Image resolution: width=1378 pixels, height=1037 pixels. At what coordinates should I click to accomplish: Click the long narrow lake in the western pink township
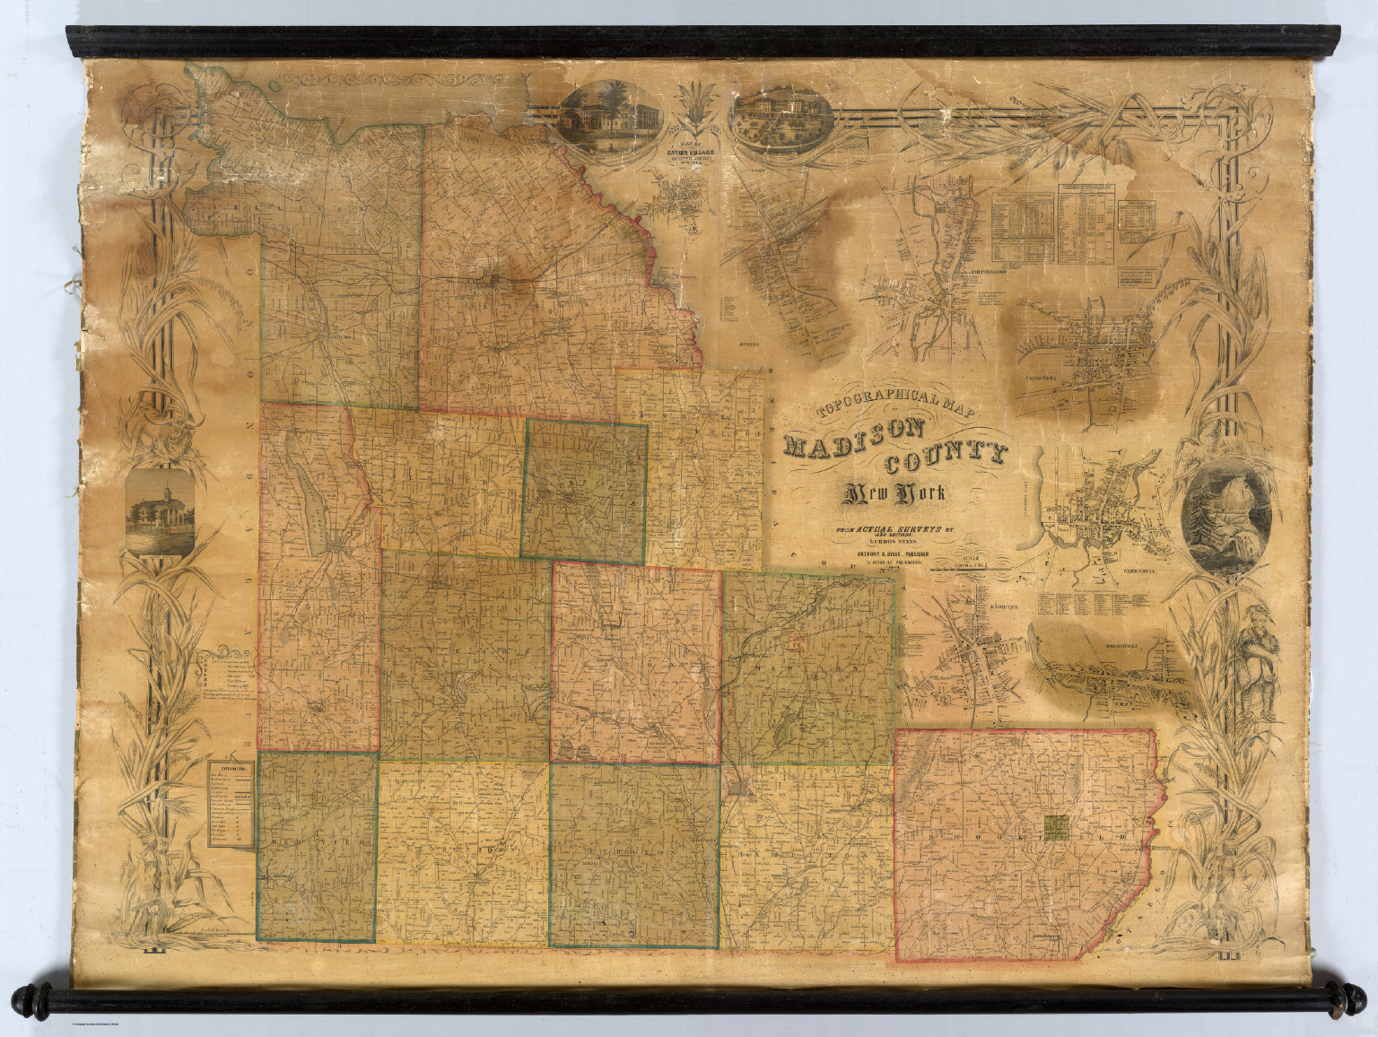(305, 502)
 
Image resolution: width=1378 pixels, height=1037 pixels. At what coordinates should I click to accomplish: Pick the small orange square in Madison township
(797, 641)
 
